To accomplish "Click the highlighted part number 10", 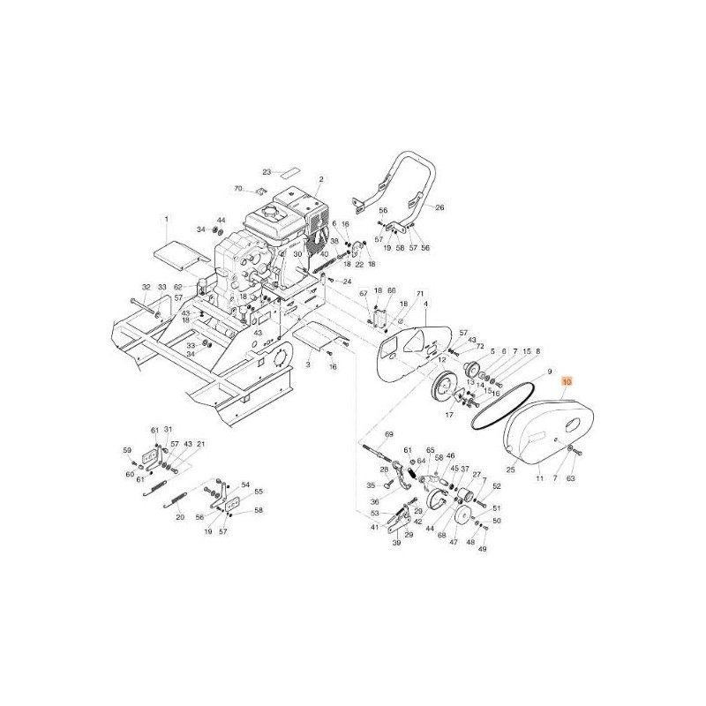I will click(567, 382).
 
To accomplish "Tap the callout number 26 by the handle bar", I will click(441, 208).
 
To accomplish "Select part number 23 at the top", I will click(242, 172).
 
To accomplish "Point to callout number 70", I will click(237, 189).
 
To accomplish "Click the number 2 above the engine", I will click(321, 180).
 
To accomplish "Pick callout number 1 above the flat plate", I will click(165, 218).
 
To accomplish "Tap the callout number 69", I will click(388, 435).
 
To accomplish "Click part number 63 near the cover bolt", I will click(570, 478).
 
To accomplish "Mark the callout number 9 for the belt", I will click(548, 372).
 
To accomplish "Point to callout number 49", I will click(482, 549).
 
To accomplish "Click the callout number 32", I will click(146, 287).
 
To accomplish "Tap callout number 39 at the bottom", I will click(396, 545).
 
